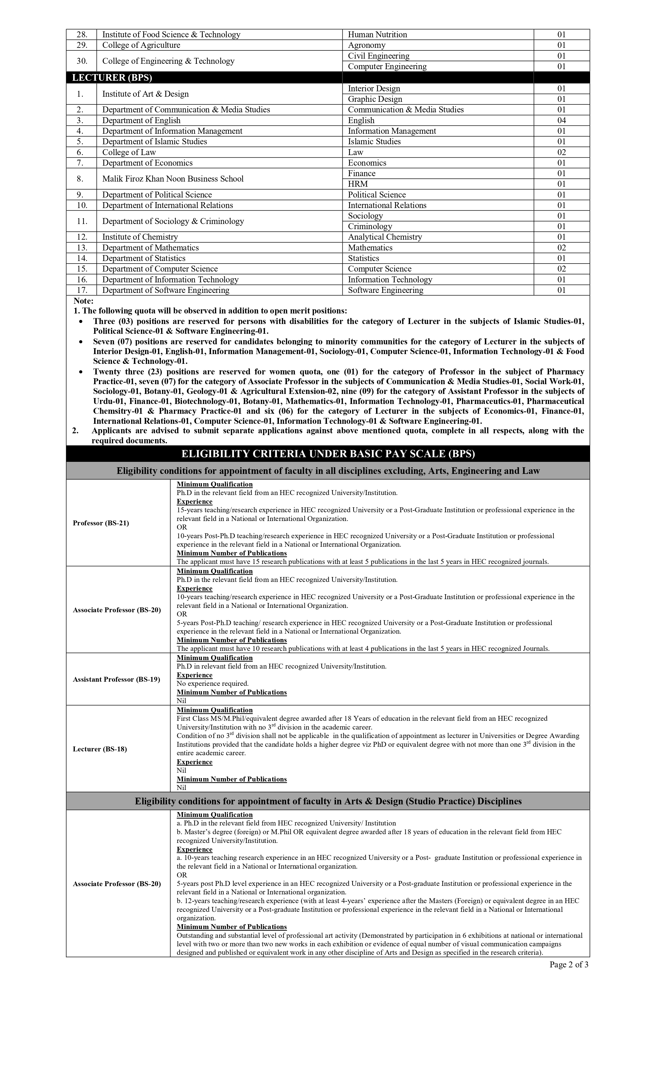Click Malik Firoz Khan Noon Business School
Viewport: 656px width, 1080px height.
173,179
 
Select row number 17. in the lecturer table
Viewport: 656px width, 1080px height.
82,290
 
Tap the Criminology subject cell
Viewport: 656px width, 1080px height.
370,227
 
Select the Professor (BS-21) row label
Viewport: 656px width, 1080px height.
101,523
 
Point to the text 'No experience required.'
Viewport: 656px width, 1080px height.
212,683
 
